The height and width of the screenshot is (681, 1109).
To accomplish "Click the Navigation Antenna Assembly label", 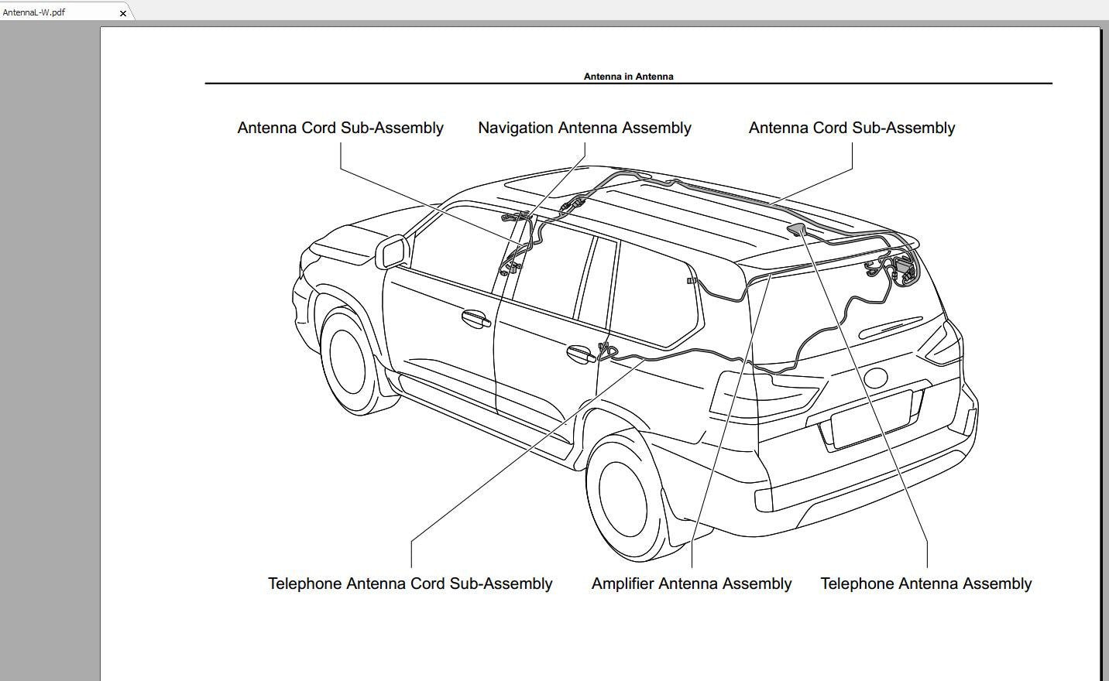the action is click(x=584, y=128).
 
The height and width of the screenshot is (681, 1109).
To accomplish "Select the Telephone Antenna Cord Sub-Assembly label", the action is click(x=410, y=583).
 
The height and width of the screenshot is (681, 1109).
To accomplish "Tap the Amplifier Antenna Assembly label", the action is click(x=691, y=583).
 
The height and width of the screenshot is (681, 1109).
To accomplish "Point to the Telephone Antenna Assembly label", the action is click(x=925, y=583).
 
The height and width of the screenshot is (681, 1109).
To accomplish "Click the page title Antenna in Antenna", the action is click(x=628, y=77).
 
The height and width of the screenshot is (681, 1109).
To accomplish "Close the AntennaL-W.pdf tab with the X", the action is click(x=123, y=13).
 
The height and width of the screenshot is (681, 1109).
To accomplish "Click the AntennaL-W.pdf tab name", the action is click(x=33, y=12).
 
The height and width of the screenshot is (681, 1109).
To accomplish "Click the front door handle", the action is click(x=476, y=319).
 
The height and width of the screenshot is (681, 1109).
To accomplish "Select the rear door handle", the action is click(x=581, y=354).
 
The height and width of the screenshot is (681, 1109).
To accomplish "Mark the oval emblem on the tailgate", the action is click(x=875, y=378).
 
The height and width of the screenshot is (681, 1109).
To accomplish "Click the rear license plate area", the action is click(x=871, y=419).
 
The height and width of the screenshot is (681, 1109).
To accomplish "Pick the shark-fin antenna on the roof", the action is click(x=796, y=229).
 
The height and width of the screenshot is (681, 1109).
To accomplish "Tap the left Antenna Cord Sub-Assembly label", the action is click(x=340, y=128).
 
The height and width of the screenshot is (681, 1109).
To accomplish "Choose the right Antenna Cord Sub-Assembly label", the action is click(x=852, y=128).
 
